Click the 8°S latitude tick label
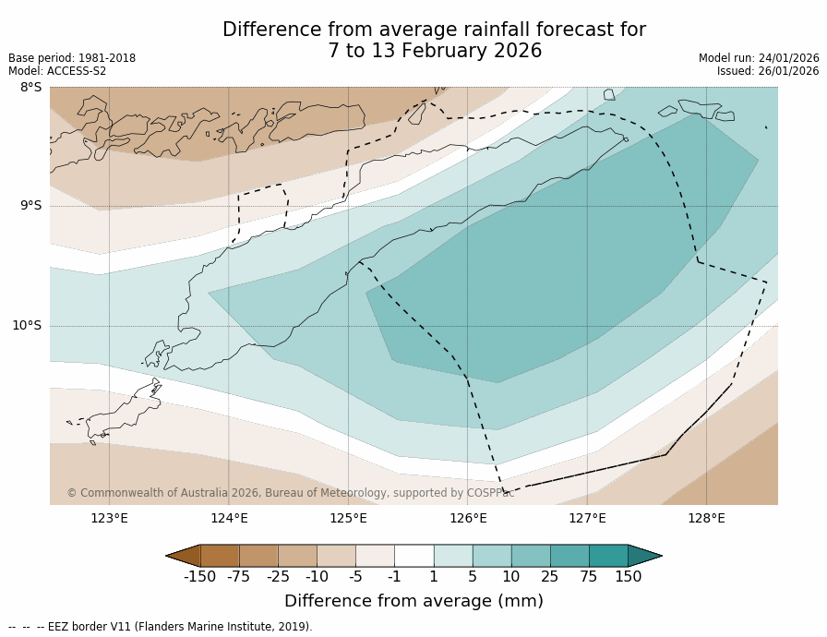(x=30, y=88)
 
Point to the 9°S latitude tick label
(x=30, y=206)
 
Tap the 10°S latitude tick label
(x=27, y=325)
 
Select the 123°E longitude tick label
(x=109, y=518)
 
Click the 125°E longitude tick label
(x=348, y=518)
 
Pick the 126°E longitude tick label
(x=468, y=518)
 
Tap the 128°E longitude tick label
(x=706, y=518)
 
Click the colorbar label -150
(x=199, y=577)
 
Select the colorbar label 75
(x=589, y=577)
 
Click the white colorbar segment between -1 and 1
(x=413, y=555)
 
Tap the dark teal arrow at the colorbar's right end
(x=644, y=555)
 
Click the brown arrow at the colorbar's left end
(x=183, y=555)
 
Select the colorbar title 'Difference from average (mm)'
(x=413, y=601)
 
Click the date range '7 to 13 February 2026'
(x=434, y=52)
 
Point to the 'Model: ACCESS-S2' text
(x=57, y=71)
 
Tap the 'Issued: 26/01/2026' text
(x=768, y=71)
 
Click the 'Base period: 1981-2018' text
(x=72, y=58)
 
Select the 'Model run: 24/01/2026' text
(x=759, y=58)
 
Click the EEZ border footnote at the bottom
(x=161, y=627)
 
